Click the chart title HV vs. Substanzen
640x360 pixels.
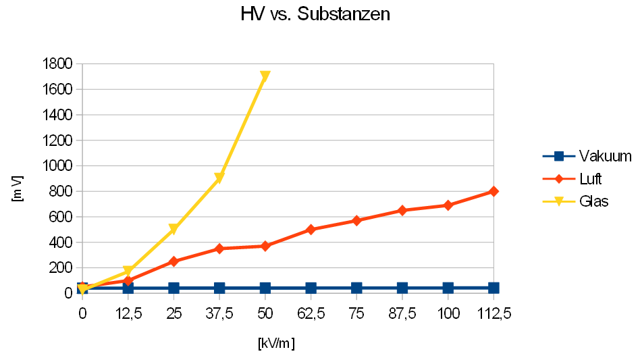315,14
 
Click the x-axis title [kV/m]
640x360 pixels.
276,343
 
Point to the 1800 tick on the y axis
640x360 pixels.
57,64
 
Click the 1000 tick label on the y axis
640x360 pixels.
57,166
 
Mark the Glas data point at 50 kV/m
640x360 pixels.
265,76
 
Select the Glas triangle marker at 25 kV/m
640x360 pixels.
174,230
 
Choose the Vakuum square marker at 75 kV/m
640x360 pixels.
356,288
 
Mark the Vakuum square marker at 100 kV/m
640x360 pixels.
448,288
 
